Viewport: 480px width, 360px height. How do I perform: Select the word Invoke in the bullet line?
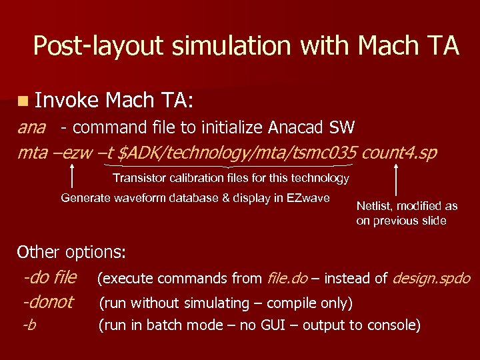[x=67, y=101]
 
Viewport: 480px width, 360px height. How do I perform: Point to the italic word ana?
[x=31, y=127]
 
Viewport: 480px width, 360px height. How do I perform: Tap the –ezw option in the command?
[x=71, y=153]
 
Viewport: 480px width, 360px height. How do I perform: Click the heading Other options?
[x=71, y=252]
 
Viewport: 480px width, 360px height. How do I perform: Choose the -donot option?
[x=48, y=302]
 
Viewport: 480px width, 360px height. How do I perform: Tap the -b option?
[x=29, y=325]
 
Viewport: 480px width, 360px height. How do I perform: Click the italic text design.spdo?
[x=432, y=278]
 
